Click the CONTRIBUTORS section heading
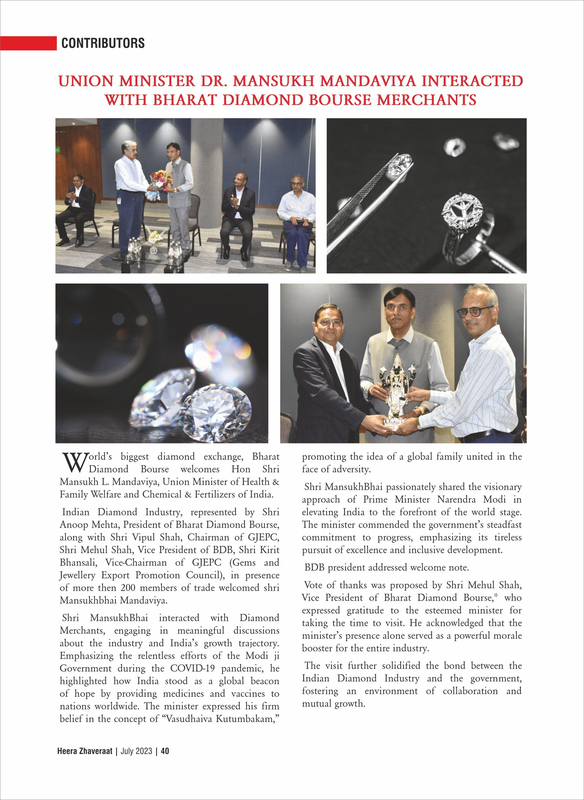tap(103, 43)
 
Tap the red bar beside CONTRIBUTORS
tap(28, 43)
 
